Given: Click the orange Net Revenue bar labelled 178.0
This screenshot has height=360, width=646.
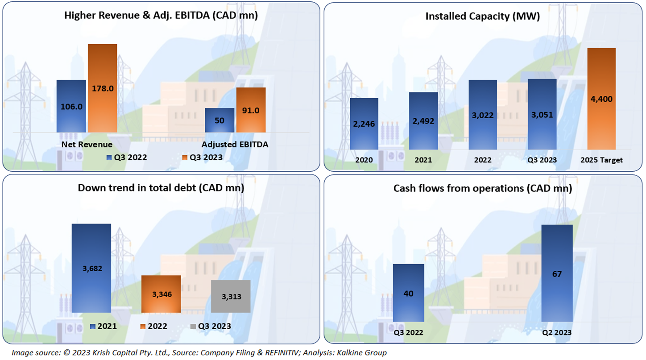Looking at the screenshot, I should [102, 88].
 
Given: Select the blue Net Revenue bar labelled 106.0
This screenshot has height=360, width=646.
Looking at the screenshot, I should [71, 106].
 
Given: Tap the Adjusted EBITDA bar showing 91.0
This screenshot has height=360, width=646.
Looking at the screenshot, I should [251, 110].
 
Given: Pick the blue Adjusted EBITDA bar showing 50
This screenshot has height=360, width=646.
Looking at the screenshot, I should [219, 120].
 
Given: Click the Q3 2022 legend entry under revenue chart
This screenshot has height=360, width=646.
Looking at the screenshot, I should [127, 157].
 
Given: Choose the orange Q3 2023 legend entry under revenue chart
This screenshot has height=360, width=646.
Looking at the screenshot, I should [203, 157].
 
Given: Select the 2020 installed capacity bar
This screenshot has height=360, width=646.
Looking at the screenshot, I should [364, 124].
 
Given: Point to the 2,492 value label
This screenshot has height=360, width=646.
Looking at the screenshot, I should [423, 121].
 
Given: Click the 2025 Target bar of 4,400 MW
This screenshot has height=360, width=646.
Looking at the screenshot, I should [601, 99].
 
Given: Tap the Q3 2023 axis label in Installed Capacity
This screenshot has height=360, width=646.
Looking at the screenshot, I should [542, 160].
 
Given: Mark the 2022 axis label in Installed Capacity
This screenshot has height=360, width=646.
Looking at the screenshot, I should [483, 160].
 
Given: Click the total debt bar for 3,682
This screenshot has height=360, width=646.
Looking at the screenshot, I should [91, 268].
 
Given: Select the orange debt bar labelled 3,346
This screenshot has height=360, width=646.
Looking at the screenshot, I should [161, 294].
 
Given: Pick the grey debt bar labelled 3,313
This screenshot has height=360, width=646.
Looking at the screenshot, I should [231, 296].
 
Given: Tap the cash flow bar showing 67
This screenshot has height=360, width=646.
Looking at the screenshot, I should [557, 273].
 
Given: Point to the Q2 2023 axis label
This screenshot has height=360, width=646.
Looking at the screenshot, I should [557, 332].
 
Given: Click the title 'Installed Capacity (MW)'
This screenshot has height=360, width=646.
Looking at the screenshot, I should [483, 17].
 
